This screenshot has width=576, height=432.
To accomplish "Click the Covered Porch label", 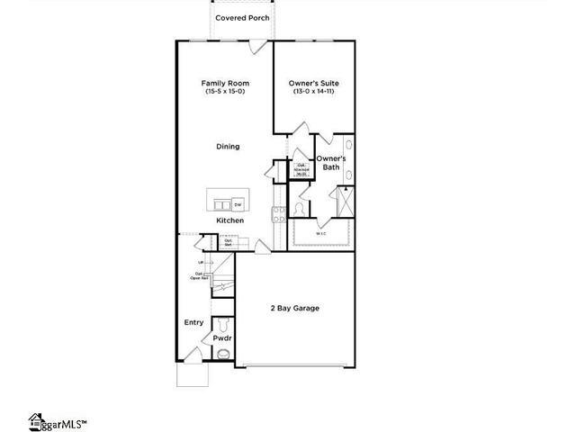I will (x=242, y=17).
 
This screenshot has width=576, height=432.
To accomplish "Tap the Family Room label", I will (x=224, y=83).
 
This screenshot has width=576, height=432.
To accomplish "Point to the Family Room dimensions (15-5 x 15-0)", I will (x=224, y=92).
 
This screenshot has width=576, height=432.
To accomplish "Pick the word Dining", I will (x=227, y=147).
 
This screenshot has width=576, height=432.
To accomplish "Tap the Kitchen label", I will (x=229, y=220).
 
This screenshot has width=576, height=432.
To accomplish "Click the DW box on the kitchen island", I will (x=238, y=205).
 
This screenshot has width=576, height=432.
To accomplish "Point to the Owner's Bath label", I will (x=330, y=163).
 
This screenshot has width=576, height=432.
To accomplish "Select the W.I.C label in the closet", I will (x=321, y=234).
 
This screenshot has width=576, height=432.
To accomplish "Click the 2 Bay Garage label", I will (x=294, y=308).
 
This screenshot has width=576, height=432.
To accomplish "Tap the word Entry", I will (x=193, y=322).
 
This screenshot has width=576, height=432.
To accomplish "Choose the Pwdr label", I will (x=222, y=338).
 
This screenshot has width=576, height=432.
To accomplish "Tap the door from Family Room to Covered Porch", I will (x=257, y=42).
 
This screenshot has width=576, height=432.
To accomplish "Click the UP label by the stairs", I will (x=200, y=263).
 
